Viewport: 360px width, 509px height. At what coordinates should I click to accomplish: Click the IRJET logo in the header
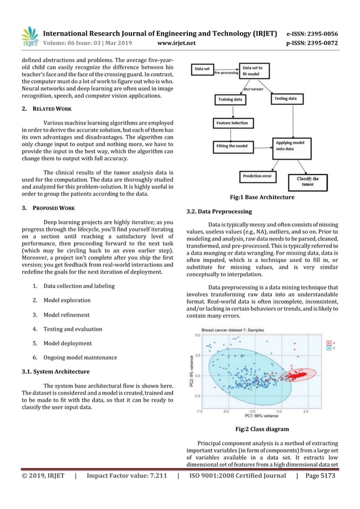[x=29, y=36]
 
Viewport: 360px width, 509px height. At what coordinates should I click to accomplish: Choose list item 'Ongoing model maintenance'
[x=80, y=357]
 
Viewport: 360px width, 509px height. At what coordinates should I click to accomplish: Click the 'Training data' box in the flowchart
[x=231, y=99]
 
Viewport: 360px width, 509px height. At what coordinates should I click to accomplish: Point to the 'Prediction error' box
[x=257, y=176]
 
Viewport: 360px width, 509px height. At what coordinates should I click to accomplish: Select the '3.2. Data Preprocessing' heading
[x=219, y=211]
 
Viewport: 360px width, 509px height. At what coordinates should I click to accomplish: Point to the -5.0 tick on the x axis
[x=226, y=410]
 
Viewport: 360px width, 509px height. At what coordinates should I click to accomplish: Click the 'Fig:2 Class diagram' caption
[x=262, y=429]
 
